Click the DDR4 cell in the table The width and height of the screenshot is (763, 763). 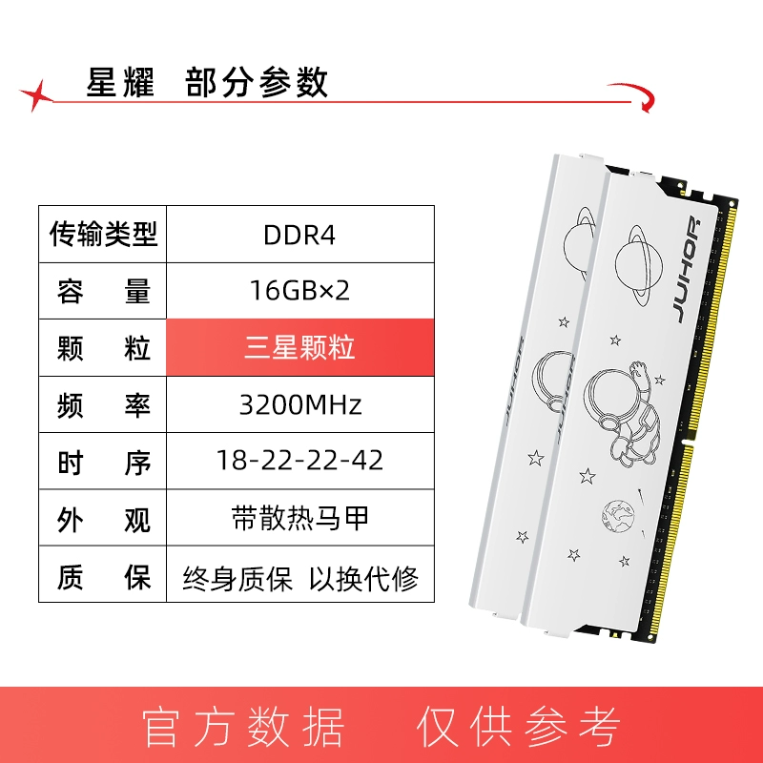[299, 235]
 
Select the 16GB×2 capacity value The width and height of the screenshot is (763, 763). [299, 291]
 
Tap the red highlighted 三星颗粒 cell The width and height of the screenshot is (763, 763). [299, 347]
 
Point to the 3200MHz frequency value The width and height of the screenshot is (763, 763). [299, 404]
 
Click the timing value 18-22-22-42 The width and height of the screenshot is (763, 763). [299, 461]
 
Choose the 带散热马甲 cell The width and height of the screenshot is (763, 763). [299, 518]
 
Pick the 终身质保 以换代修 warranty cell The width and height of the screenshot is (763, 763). [299, 574]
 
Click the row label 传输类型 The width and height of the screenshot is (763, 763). [103, 234]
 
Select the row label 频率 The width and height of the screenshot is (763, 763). [103, 404]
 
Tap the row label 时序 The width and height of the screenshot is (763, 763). [103, 462]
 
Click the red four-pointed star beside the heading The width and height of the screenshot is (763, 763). [37, 94]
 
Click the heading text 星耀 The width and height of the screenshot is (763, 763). [120, 82]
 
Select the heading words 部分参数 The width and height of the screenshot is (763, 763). [257, 82]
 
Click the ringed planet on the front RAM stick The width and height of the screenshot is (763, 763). [639, 265]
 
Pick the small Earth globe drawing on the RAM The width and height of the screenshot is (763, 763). [618, 516]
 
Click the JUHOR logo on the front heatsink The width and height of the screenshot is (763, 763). [688, 271]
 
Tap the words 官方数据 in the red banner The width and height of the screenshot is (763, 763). [243, 727]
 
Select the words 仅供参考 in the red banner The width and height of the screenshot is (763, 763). [519, 727]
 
